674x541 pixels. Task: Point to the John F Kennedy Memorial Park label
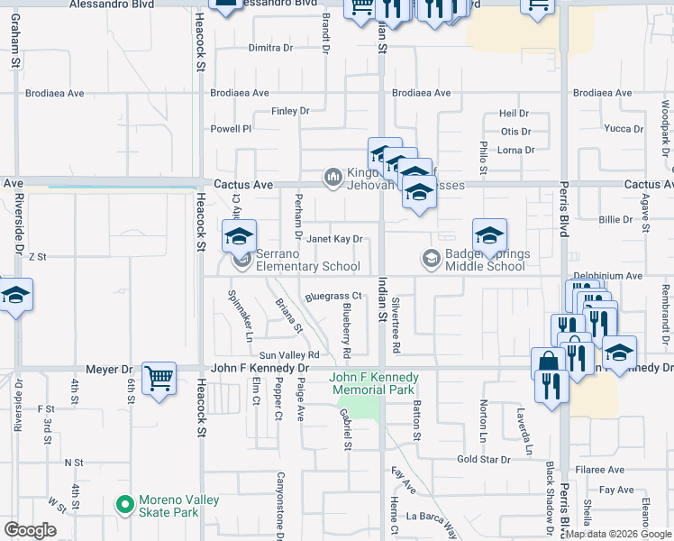click(x=374, y=383)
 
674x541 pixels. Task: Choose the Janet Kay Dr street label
click(x=334, y=239)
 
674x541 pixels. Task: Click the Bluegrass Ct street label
click(x=332, y=296)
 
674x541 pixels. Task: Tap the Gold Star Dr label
click(x=483, y=460)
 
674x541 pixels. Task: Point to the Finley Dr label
click(x=290, y=111)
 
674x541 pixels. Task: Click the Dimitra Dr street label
click(x=270, y=48)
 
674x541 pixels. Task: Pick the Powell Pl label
click(x=231, y=129)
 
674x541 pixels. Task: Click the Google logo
click(x=30, y=530)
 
